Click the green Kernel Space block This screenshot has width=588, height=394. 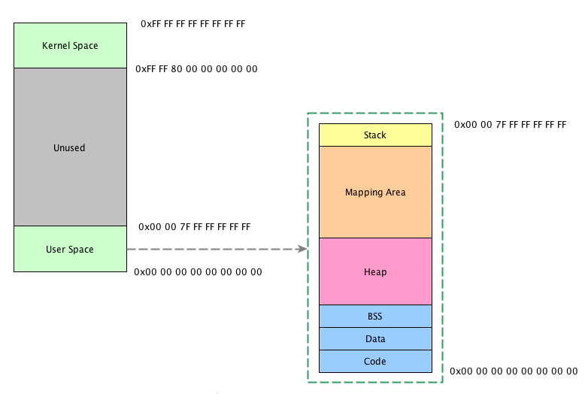point(70,45)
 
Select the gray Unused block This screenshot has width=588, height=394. point(70,147)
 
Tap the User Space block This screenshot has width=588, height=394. point(70,249)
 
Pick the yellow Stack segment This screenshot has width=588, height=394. point(375,135)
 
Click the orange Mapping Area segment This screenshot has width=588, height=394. point(375,192)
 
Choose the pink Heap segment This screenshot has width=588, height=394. point(375,271)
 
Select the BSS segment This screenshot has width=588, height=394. point(375,316)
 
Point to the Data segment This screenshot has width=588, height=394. point(375,339)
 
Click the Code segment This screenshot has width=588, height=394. point(375,362)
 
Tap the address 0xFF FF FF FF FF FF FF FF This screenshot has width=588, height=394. point(193,24)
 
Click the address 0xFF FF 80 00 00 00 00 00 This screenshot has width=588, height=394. point(196,69)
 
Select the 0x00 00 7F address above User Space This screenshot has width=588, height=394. point(194,226)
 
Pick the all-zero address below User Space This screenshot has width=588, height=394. point(198,271)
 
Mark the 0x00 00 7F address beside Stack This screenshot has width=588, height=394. point(510,124)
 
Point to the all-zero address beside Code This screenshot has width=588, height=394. point(514,371)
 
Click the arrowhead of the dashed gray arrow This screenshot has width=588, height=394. point(303,249)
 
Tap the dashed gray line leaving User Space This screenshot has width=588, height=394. point(211,249)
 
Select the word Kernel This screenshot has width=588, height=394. point(56,45)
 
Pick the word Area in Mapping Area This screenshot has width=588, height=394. point(395,192)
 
